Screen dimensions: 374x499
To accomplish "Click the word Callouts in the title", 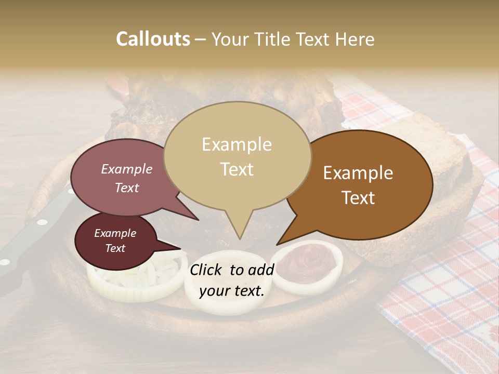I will [153, 39].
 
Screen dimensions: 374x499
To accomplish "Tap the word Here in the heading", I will [354, 39].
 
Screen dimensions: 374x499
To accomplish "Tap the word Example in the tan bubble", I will [237, 144].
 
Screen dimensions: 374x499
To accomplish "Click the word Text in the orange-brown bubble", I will [358, 198].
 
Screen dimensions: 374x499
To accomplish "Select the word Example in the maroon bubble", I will [115, 233].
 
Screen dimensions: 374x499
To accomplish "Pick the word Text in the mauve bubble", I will [127, 188].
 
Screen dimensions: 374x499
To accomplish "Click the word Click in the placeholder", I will [207, 270].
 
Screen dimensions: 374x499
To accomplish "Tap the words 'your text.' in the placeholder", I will [232, 291].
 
